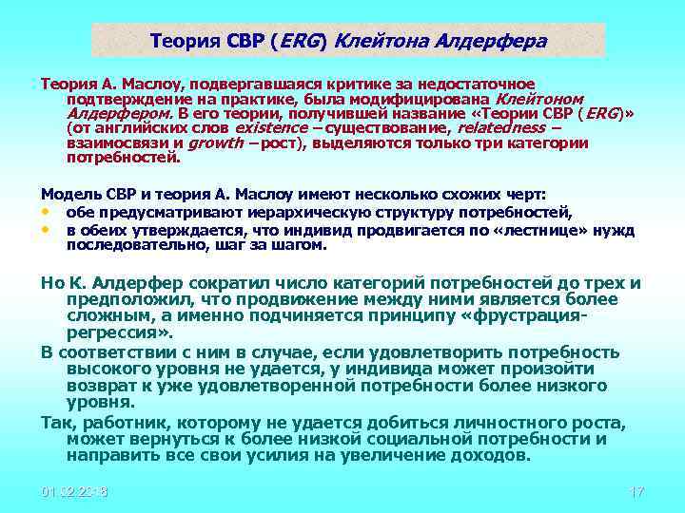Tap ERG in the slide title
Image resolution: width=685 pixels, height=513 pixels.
(x=303, y=42)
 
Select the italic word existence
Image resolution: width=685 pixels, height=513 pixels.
(x=271, y=126)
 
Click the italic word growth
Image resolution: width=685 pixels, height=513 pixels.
(x=216, y=142)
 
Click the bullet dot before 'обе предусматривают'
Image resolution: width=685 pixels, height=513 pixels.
(x=45, y=211)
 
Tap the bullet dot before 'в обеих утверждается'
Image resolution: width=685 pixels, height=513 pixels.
(x=45, y=229)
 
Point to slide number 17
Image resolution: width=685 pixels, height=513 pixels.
(x=637, y=492)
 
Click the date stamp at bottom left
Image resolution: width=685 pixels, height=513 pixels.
(x=74, y=492)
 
